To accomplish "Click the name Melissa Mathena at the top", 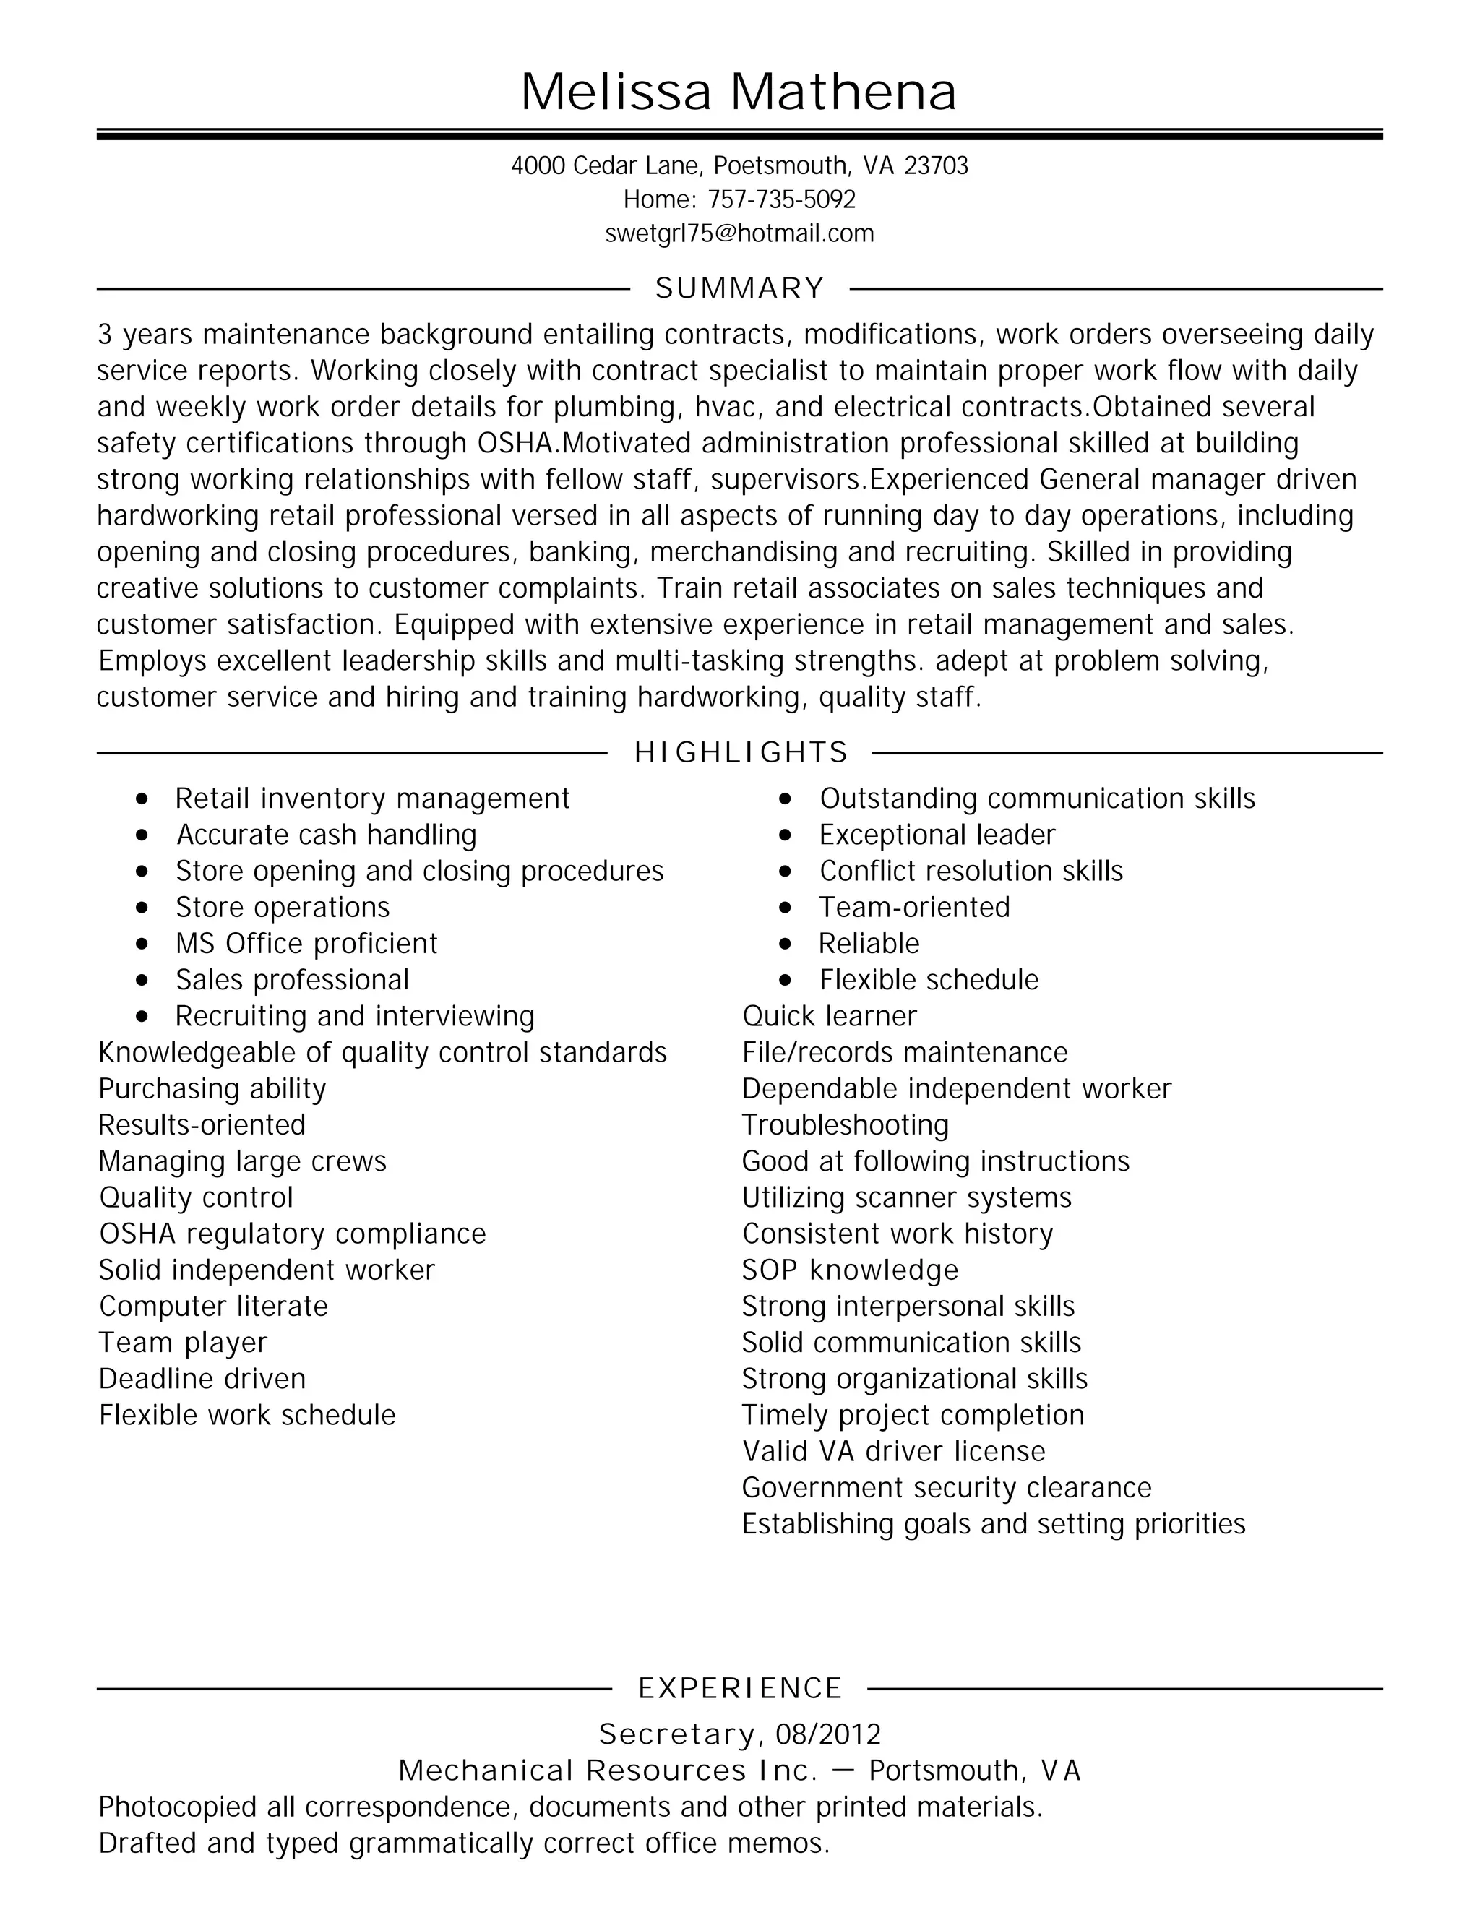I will pyautogui.click(x=739, y=91).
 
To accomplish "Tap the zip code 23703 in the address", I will pyautogui.click(x=936, y=165).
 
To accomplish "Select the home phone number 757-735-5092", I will pyautogui.click(x=781, y=200).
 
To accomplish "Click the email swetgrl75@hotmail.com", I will pyautogui.click(x=739, y=233).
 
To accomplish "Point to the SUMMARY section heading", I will pyautogui.click(x=739, y=288).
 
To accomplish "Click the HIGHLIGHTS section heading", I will pyautogui.click(x=740, y=752).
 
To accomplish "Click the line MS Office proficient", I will pyautogui.click(x=306, y=944).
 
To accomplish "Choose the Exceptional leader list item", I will pyautogui.click(x=937, y=835).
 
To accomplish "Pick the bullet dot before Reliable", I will pyautogui.click(x=785, y=944).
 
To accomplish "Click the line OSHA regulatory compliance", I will pyautogui.click(x=292, y=1234).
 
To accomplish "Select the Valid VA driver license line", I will pyautogui.click(x=893, y=1451).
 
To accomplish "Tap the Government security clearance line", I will pyautogui.click(x=946, y=1488).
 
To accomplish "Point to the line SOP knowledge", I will pyautogui.click(x=850, y=1270).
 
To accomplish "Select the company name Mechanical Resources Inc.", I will pyautogui.click(x=607, y=1770).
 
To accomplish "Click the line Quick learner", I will pyautogui.click(x=829, y=1016).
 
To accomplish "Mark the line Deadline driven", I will pyautogui.click(x=202, y=1380).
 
